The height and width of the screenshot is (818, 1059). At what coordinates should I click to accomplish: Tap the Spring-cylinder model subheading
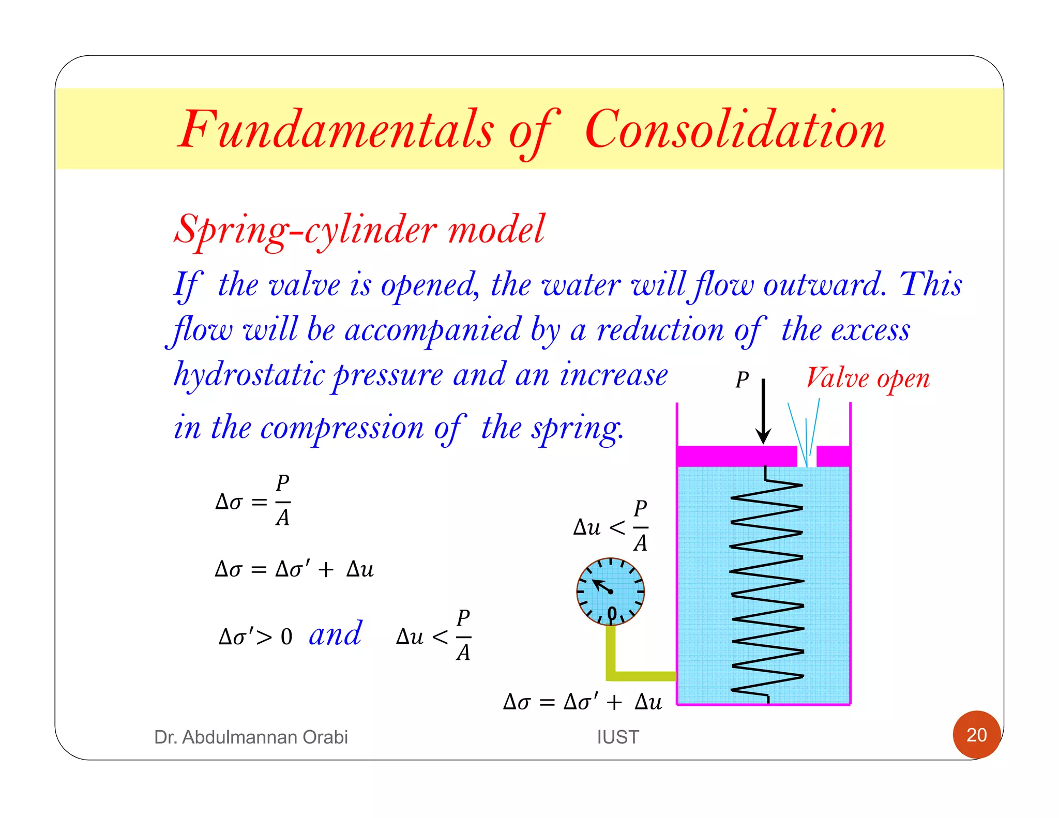point(359,229)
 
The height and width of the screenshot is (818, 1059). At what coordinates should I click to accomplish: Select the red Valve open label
point(867,378)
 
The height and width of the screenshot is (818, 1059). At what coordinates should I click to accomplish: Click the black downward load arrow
point(763,411)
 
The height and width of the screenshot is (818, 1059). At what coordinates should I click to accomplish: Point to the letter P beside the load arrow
point(742,380)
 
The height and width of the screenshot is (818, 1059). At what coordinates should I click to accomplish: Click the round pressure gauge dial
point(611,591)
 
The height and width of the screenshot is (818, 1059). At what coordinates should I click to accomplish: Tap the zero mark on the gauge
point(612,614)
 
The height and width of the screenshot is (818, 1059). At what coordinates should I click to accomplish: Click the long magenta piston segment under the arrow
point(737,456)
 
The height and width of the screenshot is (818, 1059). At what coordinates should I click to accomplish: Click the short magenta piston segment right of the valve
point(833,456)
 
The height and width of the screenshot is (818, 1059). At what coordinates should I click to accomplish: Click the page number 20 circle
point(976,734)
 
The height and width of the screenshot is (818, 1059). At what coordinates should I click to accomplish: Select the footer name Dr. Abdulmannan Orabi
point(251,737)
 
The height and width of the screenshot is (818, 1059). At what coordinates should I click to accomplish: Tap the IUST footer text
point(618,737)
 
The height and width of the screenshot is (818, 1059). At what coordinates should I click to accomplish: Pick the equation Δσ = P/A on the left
point(253,501)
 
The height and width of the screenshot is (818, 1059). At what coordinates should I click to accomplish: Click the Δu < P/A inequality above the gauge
point(611,526)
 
